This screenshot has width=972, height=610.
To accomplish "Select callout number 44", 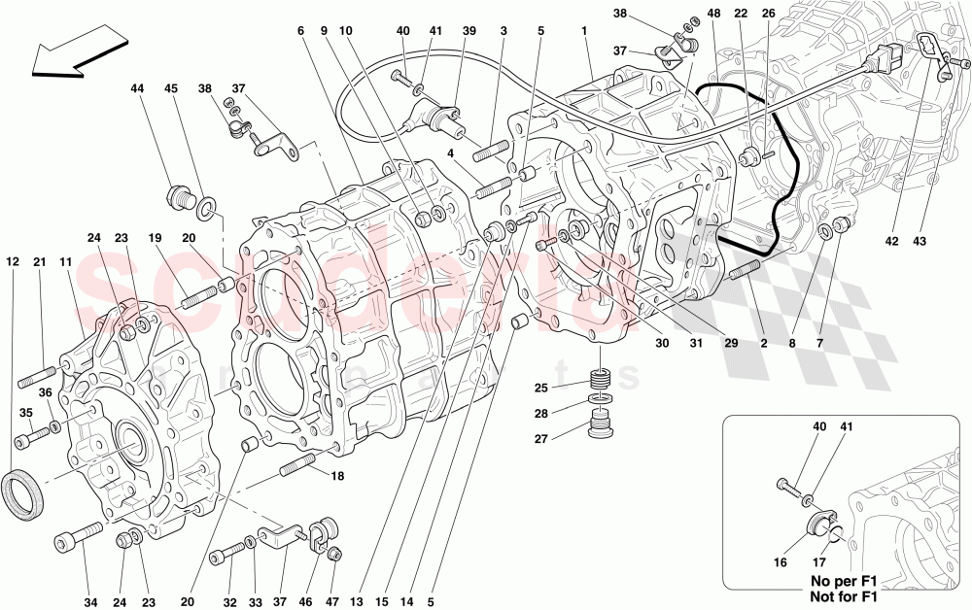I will (x=137, y=88).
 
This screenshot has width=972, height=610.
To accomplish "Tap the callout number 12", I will (x=12, y=261).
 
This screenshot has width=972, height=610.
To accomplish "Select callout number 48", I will (x=714, y=14).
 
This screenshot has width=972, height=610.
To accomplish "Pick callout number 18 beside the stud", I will (x=338, y=477).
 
